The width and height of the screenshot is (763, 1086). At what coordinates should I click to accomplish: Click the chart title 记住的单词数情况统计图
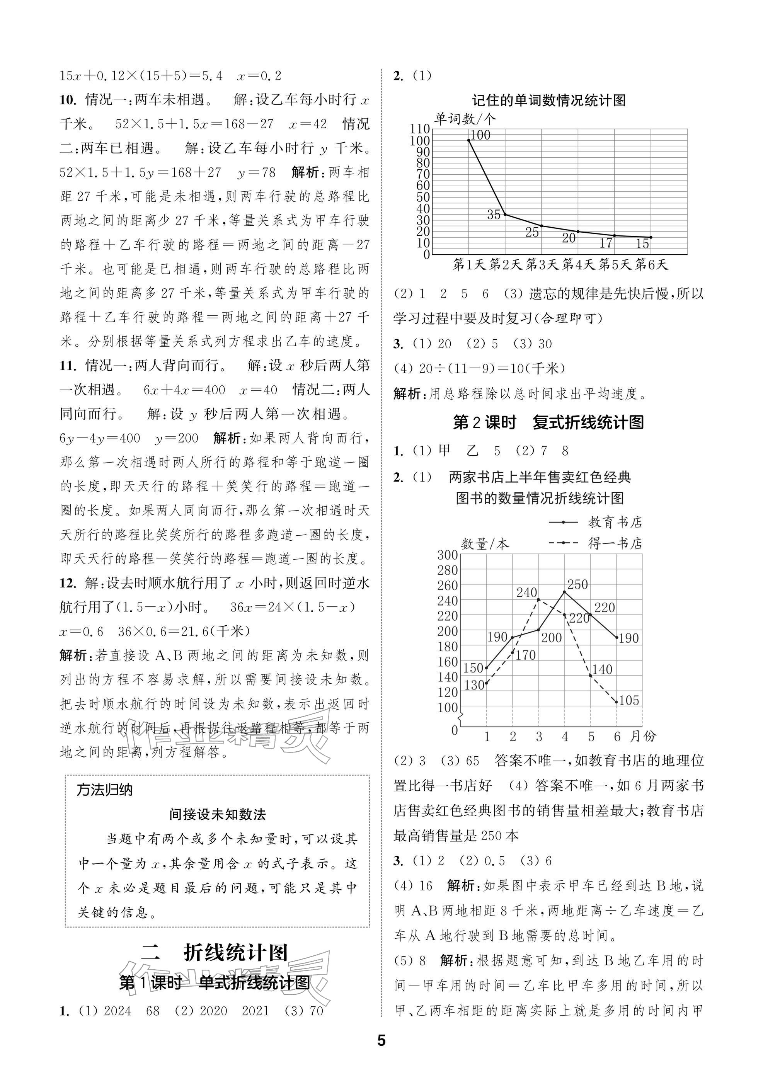(x=549, y=100)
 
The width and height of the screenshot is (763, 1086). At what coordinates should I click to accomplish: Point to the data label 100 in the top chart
(x=480, y=135)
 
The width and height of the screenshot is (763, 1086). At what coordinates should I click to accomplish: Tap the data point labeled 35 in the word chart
(x=505, y=214)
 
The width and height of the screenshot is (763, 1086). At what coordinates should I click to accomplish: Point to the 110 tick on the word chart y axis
(x=420, y=129)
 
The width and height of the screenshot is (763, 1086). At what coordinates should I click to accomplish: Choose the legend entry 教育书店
(x=615, y=522)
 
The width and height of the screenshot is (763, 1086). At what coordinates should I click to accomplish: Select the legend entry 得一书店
(x=615, y=543)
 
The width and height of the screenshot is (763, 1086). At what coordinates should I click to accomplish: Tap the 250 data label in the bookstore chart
(x=577, y=584)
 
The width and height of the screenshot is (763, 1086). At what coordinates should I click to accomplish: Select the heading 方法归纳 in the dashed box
(x=104, y=790)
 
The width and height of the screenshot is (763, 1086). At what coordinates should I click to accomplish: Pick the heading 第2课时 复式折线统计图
(x=549, y=422)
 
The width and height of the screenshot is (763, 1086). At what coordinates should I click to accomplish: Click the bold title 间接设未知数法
(x=217, y=815)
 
